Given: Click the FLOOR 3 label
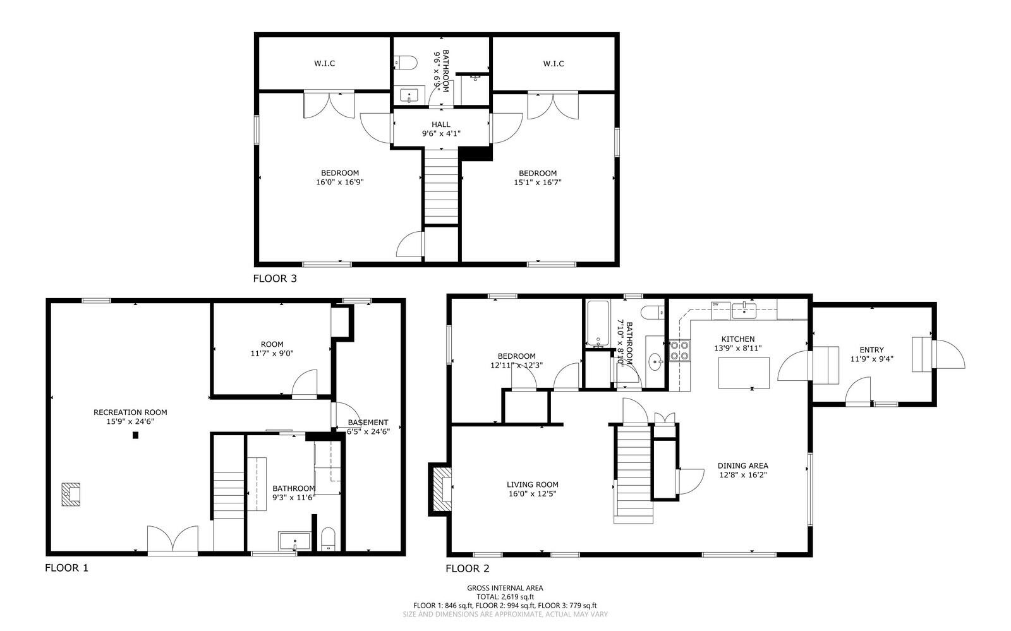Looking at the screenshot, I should [x=274, y=278].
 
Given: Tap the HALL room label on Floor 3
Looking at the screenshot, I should [x=441, y=124].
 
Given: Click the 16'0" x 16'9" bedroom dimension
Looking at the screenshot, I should [x=340, y=182].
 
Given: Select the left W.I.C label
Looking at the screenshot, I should [x=324, y=63].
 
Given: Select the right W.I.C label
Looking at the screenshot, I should [x=553, y=63].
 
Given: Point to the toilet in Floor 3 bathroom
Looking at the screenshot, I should [x=406, y=63].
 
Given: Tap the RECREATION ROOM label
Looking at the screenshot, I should [x=130, y=412].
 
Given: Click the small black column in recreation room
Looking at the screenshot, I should [x=135, y=435].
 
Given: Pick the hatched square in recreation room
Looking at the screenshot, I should [x=71, y=495].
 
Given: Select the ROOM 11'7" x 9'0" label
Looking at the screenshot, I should [x=272, y=349].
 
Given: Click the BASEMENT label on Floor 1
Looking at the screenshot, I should [x=368, y=423].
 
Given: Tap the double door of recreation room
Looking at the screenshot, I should [x=173, y=540].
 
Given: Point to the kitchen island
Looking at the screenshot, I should [x=744, y=373].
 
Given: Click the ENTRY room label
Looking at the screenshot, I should [x=871, y=350].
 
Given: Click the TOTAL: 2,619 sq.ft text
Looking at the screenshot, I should [x=505, y=596].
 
